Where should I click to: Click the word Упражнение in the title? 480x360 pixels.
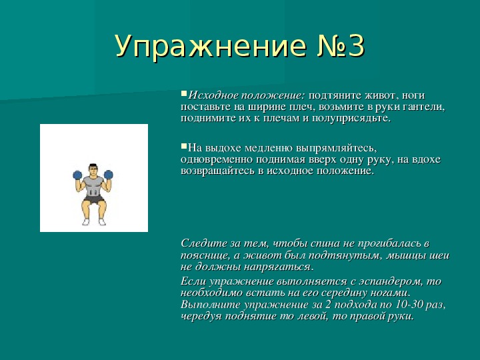click(211, 47)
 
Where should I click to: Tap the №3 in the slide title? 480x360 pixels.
click(341, 46)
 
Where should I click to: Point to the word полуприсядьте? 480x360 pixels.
click(351, 119)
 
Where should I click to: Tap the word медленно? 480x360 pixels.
click(269, 148)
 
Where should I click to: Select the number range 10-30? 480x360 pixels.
click(408, 304)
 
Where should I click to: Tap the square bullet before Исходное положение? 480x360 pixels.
click(184, 93)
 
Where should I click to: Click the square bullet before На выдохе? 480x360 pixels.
click(184, 146)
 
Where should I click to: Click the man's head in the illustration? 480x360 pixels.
click(93, 170)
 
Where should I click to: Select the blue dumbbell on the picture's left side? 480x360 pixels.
click(77, 175)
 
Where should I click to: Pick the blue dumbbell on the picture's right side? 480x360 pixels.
click(109, 175)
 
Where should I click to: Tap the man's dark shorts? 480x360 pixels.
click(94, 200)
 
